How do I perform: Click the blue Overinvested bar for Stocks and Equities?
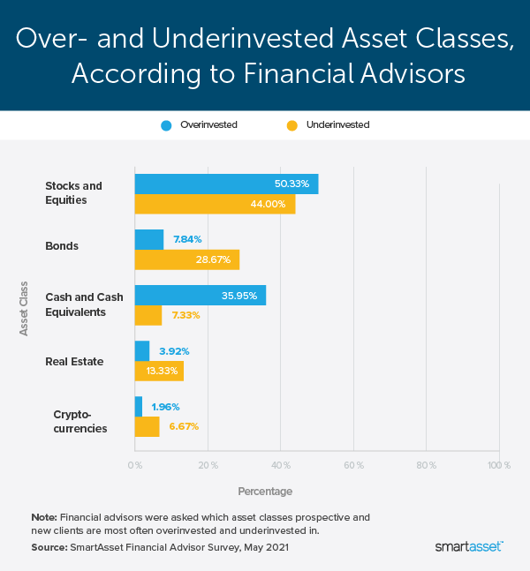point(225,184)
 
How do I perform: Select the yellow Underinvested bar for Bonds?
point(186,259)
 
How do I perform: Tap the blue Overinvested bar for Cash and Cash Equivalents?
point(200,296)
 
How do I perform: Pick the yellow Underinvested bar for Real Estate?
point(159,371)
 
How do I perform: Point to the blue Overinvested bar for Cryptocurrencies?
point(139,407)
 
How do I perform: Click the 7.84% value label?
point(187,239)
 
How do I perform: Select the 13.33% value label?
point(209,371)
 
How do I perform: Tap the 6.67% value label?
point(184,426)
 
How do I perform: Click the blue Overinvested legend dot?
point(165,125)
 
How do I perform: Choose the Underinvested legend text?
point(337,125)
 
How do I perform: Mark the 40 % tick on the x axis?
point(281,464)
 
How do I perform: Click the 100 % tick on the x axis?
point(499,464)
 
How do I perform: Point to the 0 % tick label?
point(135,464)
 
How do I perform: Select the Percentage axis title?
point(265,491)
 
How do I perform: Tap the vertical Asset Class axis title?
point(24,308)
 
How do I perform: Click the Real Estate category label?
point(74,361)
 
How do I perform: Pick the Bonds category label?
point(62,246)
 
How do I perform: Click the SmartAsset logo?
point(469,547)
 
